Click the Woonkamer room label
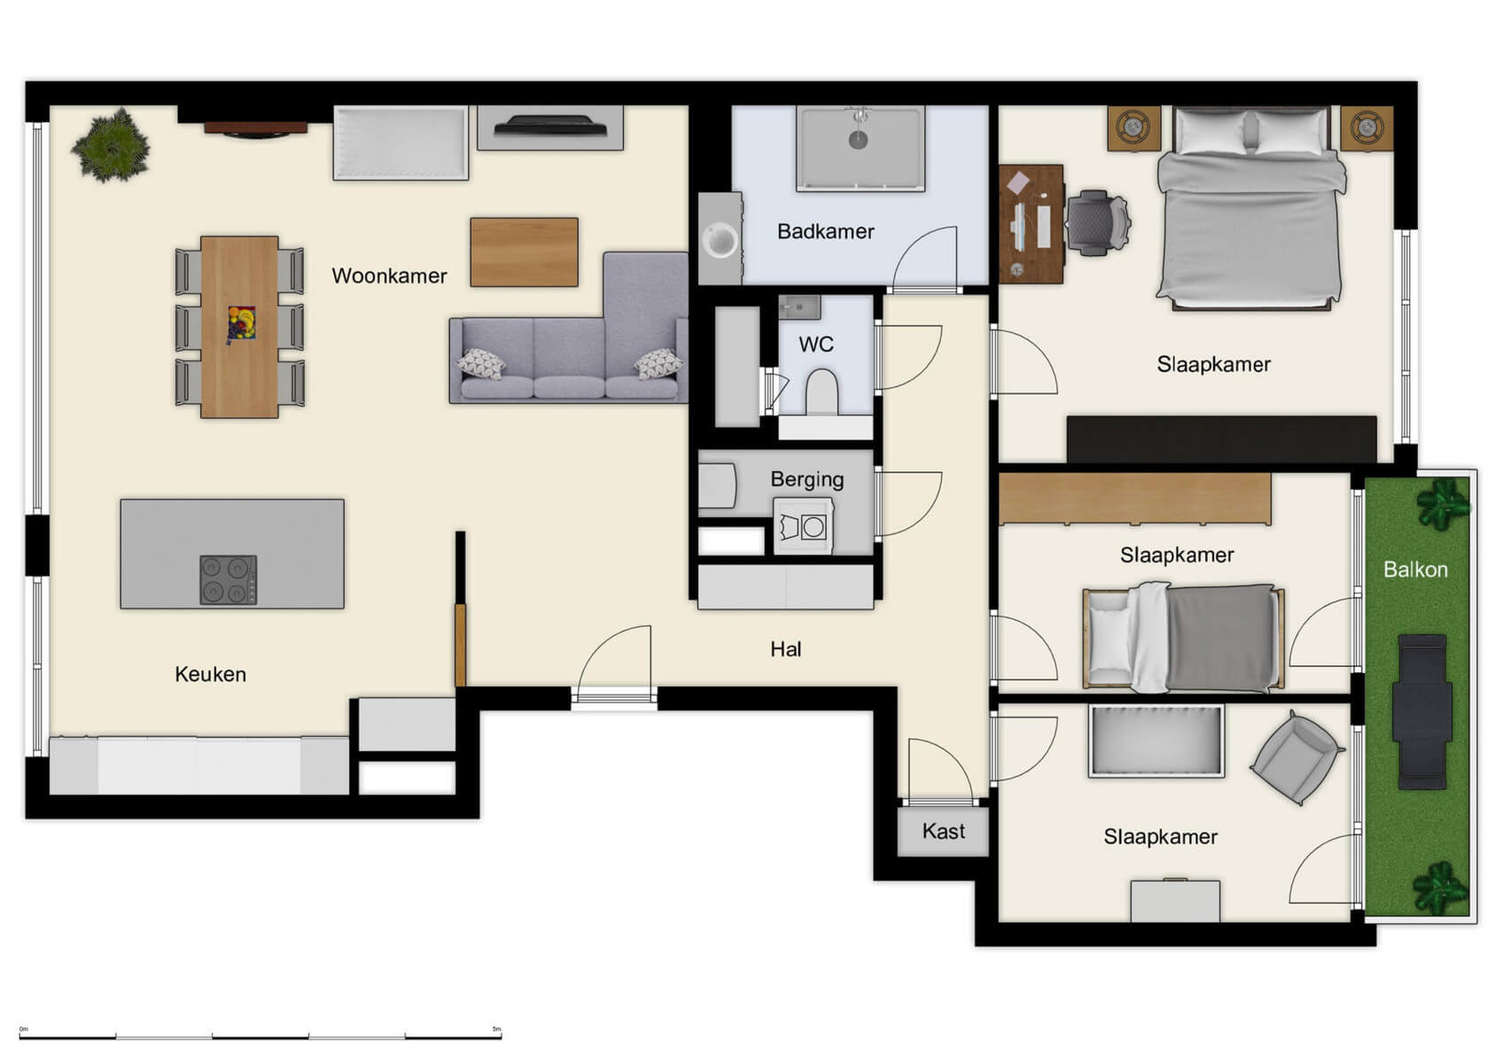(x=389, y=275)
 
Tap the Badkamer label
(x=825, y=231)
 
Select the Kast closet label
(x=943, y=831)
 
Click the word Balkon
(x=1415, y=570)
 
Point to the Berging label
(x=806, y=479)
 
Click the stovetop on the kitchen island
(x=228, y=579)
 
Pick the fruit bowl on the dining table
(x=241, y=322)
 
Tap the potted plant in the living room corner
(x=111, y=146)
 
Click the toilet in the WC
(x=822, y=392)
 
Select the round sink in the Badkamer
(x=720, y=240)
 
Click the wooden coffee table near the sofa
(x=524, y=252)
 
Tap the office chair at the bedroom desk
(x=1097, y=222)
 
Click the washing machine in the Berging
(x=803, y=527)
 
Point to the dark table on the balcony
(x=1421, y=711)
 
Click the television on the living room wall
(x=550, y=127)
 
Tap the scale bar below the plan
(x=260, y=1035)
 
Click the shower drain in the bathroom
(x=858, y=139)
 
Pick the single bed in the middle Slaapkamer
(x=1183, y=638)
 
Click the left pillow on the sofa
(x=481, y=363)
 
